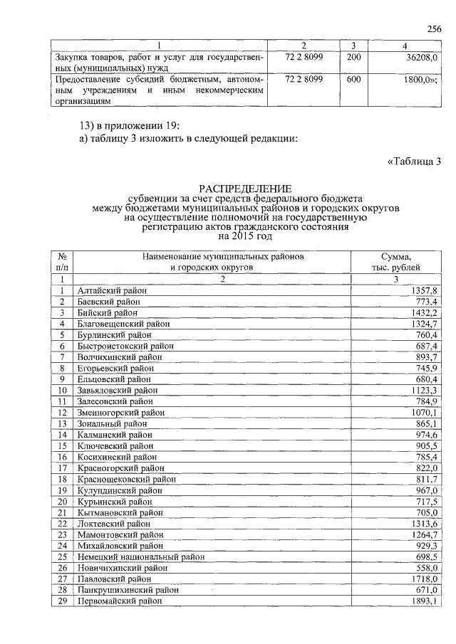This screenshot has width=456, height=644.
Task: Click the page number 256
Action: coord(434,28)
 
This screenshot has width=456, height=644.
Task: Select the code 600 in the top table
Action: coord(353,80)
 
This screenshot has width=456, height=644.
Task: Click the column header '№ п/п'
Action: coord(63,261)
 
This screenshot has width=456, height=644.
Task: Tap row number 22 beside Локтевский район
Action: coord(63,523)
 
